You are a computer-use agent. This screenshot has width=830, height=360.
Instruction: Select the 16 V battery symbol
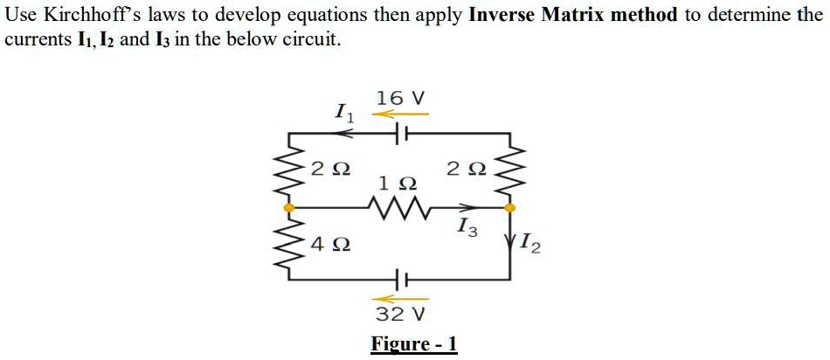click(x=401, y=133)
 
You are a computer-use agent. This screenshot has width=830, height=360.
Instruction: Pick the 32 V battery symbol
click(x=401, y=280)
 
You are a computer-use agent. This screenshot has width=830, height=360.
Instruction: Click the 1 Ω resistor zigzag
click(x=398, y=208)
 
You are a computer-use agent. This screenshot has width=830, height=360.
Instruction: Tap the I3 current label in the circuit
click(x=467, y=229)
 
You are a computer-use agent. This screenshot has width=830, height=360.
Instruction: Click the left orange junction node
click(x=289, y=208)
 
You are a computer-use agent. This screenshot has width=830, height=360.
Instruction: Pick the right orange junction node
click(x=512, y=208)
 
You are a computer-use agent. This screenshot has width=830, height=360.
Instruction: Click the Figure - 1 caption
click(x=414, y=343)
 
